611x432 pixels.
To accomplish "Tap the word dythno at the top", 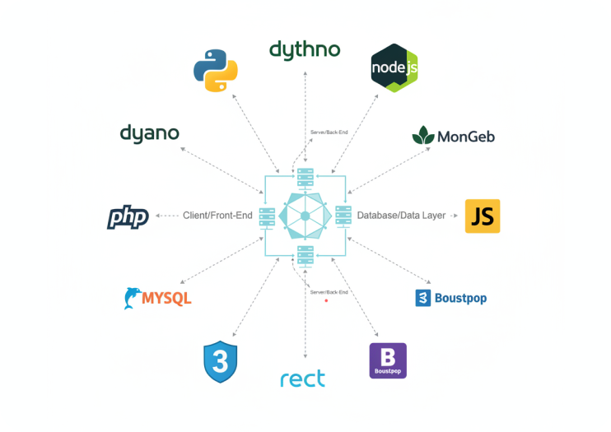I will point(305,49).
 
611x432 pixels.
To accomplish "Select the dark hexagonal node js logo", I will point(394,67).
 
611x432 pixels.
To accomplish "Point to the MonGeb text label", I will point(466,136).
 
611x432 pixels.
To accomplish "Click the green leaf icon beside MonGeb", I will point(424,135).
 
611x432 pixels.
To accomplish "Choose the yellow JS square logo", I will point(483,216).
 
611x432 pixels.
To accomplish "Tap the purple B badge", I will point(388,360).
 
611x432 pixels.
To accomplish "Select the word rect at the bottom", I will point(302,379).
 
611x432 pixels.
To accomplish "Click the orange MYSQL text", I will point(166,298).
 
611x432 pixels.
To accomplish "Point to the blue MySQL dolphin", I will point(131,298).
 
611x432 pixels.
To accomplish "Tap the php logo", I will point(128,217).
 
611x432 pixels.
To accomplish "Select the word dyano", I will point(149,133).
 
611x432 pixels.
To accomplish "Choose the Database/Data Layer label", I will point(401,216).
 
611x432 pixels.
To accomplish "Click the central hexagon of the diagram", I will point(305,216).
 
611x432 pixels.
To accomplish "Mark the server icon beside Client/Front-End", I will point(266,217).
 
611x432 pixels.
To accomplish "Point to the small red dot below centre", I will point(327,301).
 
